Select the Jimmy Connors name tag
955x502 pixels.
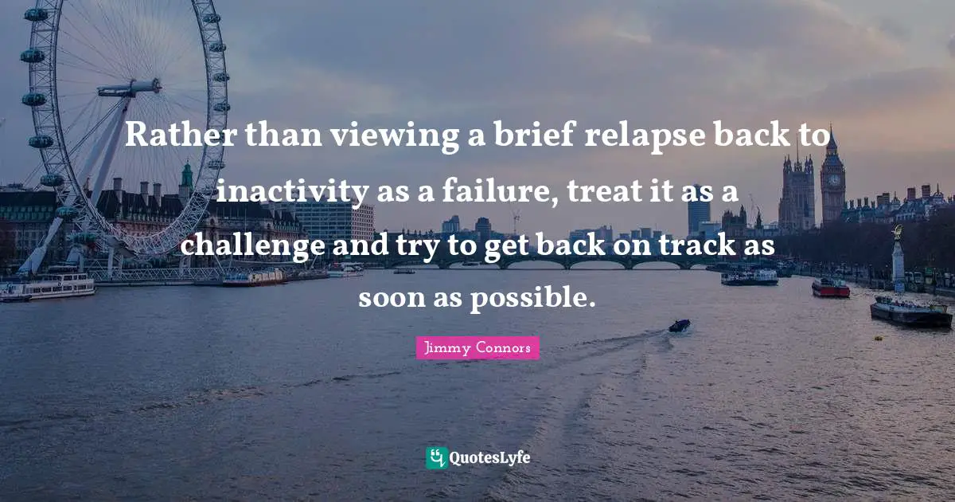(x=477, y=348)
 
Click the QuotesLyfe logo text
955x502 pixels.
(x=490, y=457)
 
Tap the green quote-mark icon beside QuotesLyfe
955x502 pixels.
(x=436, y=457)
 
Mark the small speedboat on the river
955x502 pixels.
(x=679, y=325)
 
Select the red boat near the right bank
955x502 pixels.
(x=830, y=288)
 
